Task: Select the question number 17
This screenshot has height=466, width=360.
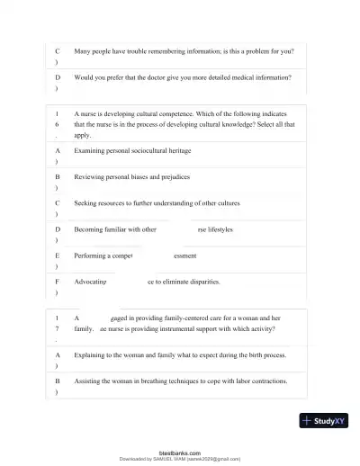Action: tap(57, 323)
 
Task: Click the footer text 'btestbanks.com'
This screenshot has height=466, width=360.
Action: tap(180, 453)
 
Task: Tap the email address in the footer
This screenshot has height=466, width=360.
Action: tap(213, 459)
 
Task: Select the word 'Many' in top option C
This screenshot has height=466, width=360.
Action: tap(84, 51)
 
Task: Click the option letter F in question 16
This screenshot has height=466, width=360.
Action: tap(57, 281)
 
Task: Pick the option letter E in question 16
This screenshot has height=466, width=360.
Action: tap(57, 255)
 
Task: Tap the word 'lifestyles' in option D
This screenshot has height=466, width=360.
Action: tap(217, 229)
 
